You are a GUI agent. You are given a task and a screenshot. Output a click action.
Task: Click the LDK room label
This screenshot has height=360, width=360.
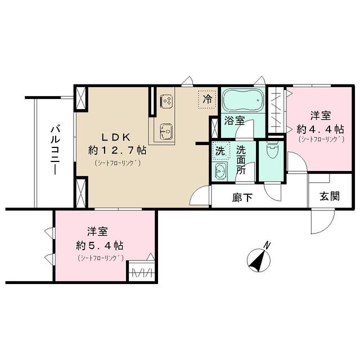(x=116, y=137)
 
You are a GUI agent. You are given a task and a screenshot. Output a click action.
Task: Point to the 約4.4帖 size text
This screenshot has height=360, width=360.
(x=321, y=128)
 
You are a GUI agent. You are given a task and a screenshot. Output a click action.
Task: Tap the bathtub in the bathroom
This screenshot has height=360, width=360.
(x=241, y=101)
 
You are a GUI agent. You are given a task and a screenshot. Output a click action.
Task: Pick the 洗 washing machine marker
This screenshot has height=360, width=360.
(x=221, y=151)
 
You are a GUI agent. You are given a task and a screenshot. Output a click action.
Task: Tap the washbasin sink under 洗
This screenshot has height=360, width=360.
(x=220, y=172)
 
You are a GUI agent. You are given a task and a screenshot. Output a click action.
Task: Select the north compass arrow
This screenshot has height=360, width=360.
(x=258, y=259)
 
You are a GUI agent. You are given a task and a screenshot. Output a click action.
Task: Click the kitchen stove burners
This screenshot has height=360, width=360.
(x=166, y=101)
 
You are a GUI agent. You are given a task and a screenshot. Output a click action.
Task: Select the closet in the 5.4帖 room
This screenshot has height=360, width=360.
(x=142, y=272)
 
